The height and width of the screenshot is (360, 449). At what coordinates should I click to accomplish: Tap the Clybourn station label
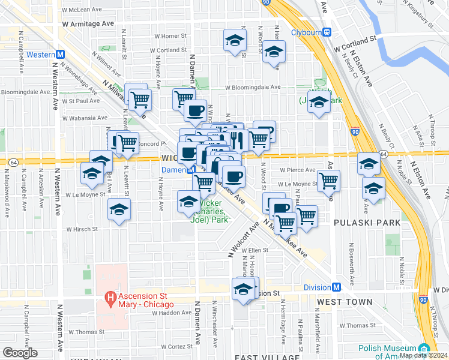307,32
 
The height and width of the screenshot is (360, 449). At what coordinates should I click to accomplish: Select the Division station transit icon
337,287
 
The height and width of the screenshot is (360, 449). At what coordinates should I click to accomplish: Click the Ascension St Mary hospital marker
110,297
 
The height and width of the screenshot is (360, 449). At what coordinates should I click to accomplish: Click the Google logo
20,353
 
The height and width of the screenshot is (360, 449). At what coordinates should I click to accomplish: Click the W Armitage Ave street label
88,23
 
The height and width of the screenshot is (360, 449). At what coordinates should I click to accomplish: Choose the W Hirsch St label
86,229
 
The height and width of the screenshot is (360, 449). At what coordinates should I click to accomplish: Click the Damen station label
172,170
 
